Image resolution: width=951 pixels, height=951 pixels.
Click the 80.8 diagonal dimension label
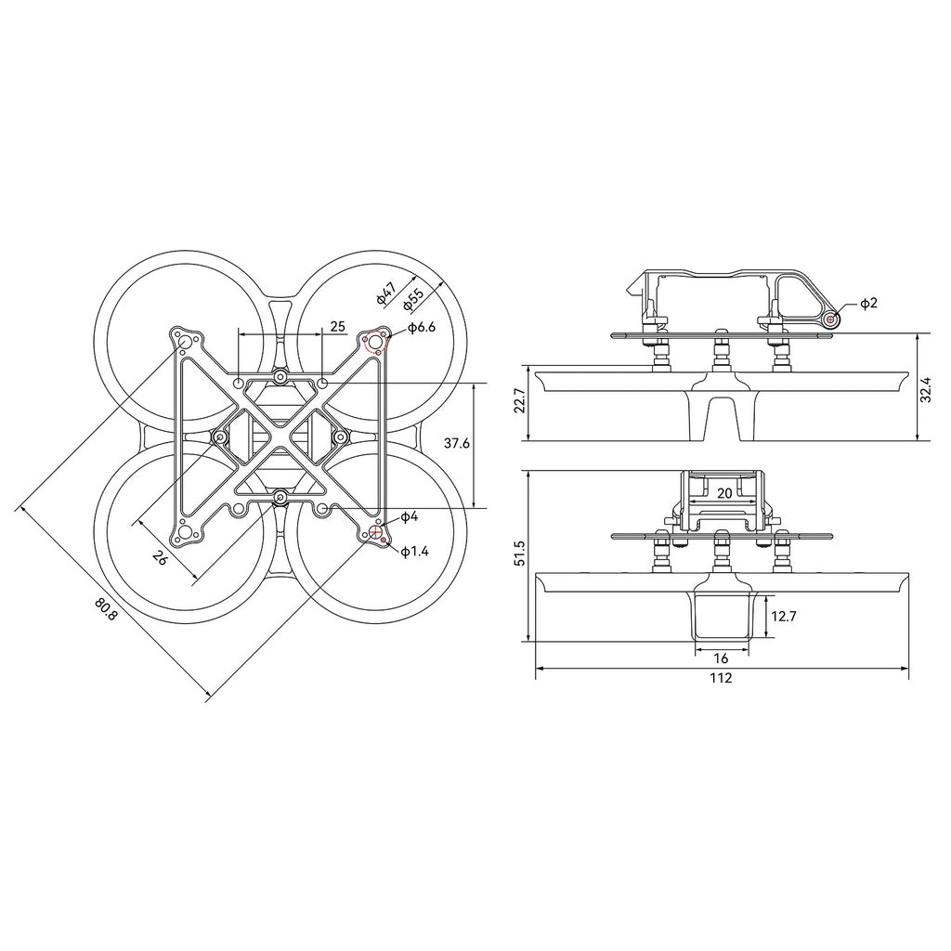coord(105,609)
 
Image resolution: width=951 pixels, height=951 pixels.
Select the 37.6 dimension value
coord(457,443)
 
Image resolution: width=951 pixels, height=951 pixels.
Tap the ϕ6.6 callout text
coord(422,328)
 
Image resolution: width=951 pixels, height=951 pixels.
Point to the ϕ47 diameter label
coord(387,291)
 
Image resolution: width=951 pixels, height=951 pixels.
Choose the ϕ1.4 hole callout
coord(415,552)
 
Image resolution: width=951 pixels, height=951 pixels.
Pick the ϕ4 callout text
coord(410,516)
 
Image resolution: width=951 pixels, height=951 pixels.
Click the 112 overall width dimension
coord(721,678)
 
